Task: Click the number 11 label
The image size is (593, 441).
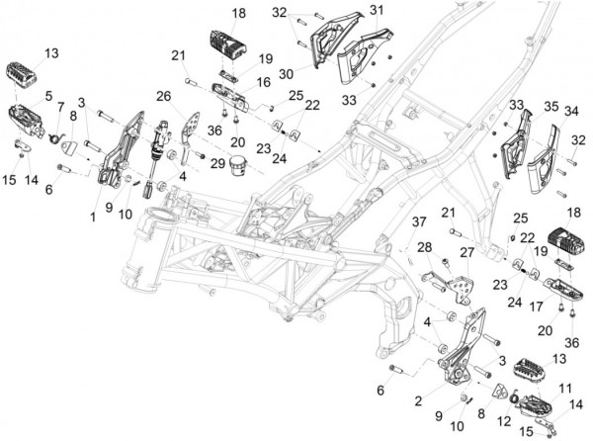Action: point(566,388)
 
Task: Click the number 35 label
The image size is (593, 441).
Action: point(551,105)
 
